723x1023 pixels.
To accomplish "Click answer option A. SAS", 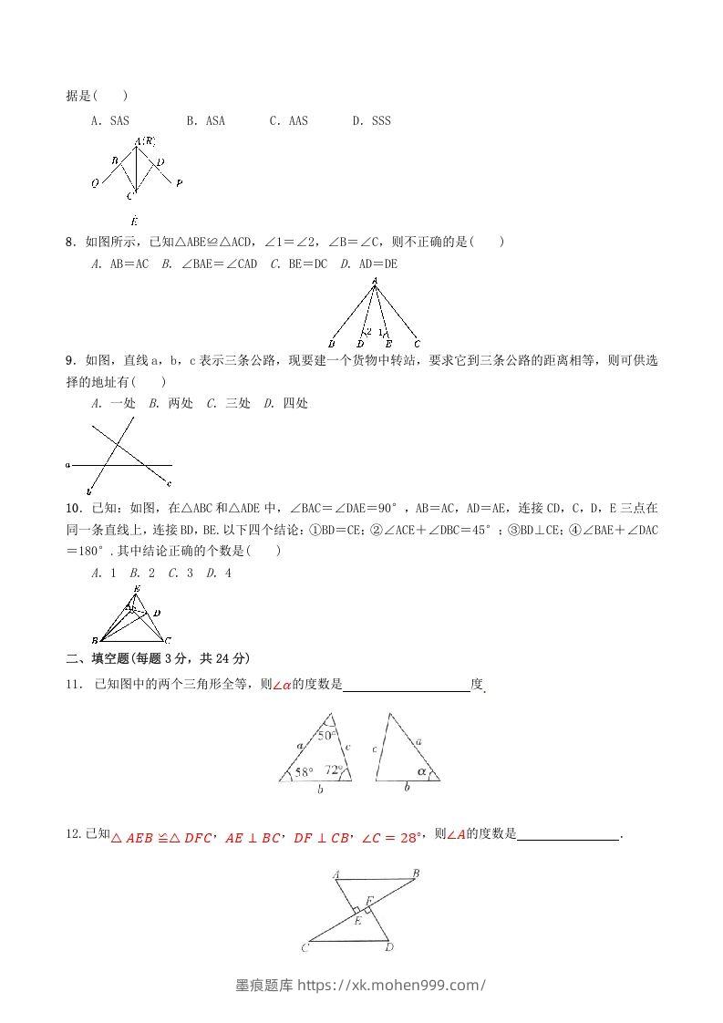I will pos(110,120).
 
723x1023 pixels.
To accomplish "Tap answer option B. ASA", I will pos(205,120).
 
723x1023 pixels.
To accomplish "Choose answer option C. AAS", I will pos(288,120).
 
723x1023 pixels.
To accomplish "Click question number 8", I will pos(70,242).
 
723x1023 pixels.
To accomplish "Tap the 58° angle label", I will pos(303,772).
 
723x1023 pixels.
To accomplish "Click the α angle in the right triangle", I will pos(421,770).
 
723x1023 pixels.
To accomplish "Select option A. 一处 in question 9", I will pos(112,403).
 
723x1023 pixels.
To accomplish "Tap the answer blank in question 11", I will pos(407,686).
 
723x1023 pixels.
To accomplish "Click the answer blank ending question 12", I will pos(568,833).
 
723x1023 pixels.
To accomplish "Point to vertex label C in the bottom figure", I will pos(304,949).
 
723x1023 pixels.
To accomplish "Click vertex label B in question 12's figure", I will pos(416,873).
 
